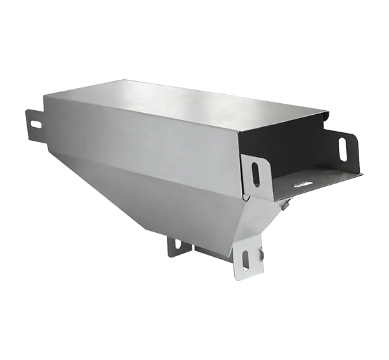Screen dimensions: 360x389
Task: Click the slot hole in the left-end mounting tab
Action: point(35,124)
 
